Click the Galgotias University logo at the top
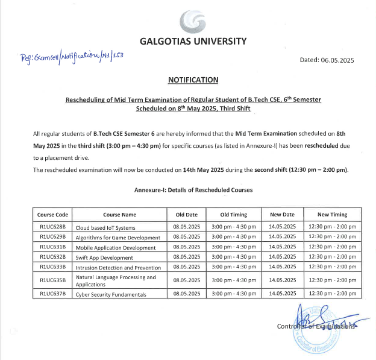pyautogui.click(x=193, y=21)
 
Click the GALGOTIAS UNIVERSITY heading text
pyautogui.click(x=193, y=42)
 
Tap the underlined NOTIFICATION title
pyautogui.click(x=193, y=80)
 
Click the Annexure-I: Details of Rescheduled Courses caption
pyautogui.click(x=193, y=189)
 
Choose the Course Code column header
pyautogui.click(x=53, y=214)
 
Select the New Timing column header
pyautogui.click(x=332, y=214)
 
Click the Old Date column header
pyautogui.click(x=186, y=214)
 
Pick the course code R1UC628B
pyautogui.click(x=53, y=227)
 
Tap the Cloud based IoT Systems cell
pyautogui.click(x=105, y=227)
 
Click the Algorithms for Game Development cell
pyautogui.click(x=118, y=237)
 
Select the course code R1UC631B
pyautogui.click(x=53, y=247)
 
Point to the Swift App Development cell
pyautogui.click(x=104, y=257)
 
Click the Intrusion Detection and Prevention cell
pyautogui.click(x=118, y=267)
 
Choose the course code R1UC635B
pyautogui.click(x=53, y=280)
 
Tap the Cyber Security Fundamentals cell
pyautogui.click(x=111, y=294)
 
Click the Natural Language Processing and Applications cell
pyautogui.click(x=116, y=280)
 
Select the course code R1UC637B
pyautogui.click(x=53, y=294)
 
